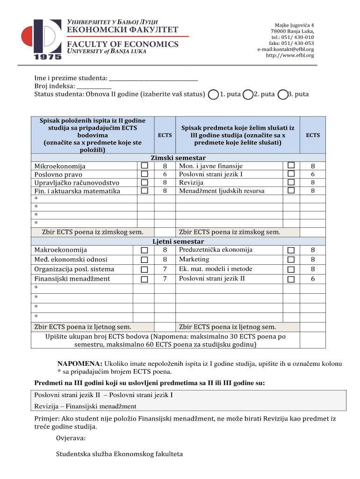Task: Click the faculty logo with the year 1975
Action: (41, 40)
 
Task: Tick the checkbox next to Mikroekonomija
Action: (144, 166)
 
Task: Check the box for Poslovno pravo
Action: (144, 174)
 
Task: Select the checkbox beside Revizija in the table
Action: (291, 182)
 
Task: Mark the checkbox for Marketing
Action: (291, 260)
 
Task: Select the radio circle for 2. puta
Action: (248, 94)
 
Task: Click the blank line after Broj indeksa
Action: (94, 87)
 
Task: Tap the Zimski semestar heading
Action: (178, 158)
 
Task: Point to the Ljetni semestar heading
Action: (179, 242)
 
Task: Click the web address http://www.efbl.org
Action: (290, 55)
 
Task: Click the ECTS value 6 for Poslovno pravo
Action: (165, 174)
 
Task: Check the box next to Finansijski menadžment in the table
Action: (144, 279)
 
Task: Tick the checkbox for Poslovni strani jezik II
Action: (291, 279)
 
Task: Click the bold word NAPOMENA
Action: (79, 363)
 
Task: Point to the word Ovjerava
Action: (71, 438)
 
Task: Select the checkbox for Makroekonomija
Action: (144, 250)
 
